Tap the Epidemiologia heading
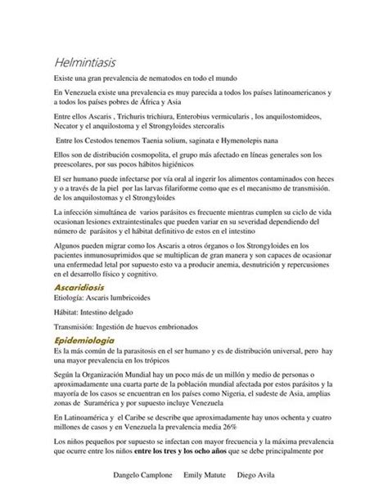(83, 339)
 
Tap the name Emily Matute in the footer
(219, 474)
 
